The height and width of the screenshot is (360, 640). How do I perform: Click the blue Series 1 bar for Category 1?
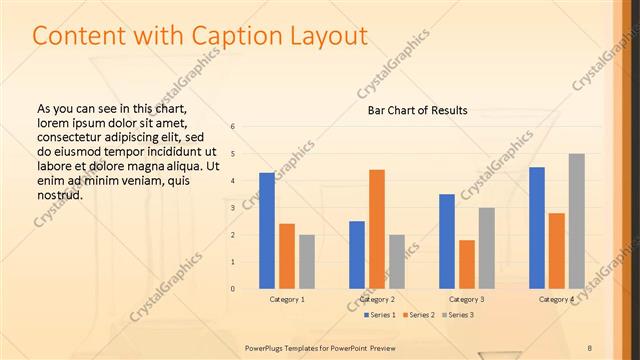[x=267, y=230]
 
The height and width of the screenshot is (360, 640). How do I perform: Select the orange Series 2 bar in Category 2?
[x=377, y=229]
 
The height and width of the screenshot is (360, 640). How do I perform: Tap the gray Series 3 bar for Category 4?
[x=577, y=221]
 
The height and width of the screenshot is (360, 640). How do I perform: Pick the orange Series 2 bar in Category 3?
[x=467, y=264]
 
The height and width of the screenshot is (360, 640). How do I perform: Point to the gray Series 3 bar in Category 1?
[x=307, y=262]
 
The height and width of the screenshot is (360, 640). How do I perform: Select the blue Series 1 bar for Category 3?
[x=447, y=241]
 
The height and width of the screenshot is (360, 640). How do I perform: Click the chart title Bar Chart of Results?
[x=418, y=110]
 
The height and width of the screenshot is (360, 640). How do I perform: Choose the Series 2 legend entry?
[x=418, y=316]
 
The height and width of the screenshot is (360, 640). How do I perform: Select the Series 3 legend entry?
[x=458, y=316]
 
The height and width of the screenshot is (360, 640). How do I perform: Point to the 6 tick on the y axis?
[x=232, y=127]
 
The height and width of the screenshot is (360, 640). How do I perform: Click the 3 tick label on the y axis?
[x=232, y=208]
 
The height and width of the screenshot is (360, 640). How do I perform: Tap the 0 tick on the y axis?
[x=232, y=289]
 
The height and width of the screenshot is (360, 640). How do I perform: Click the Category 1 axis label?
[x=287, y=299]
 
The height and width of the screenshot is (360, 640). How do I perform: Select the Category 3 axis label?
[x=467, y=299]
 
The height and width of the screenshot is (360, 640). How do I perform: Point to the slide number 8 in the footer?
[x=590, y=347]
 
